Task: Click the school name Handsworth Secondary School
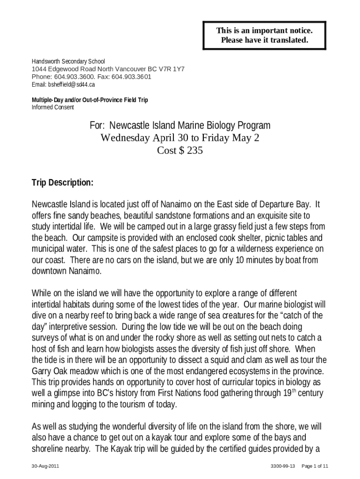pos(68,61)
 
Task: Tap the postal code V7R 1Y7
pos(173,69)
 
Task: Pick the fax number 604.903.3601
pos(132,77)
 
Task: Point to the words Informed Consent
pos(53,107)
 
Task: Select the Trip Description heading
pos(62,182)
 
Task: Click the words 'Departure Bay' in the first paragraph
pos(285,204)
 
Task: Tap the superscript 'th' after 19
pos(294,390)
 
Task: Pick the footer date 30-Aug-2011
pos(45,466)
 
